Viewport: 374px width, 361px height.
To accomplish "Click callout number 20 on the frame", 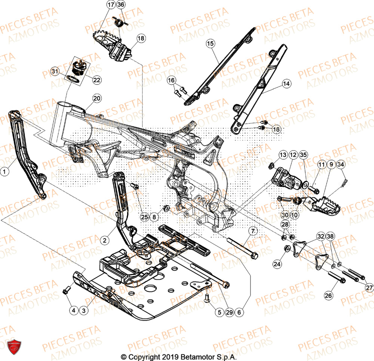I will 96,98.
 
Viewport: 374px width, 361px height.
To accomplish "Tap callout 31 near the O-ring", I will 55,71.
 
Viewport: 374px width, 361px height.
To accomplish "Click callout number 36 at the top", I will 121,5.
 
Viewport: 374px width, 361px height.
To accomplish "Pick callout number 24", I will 276,264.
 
